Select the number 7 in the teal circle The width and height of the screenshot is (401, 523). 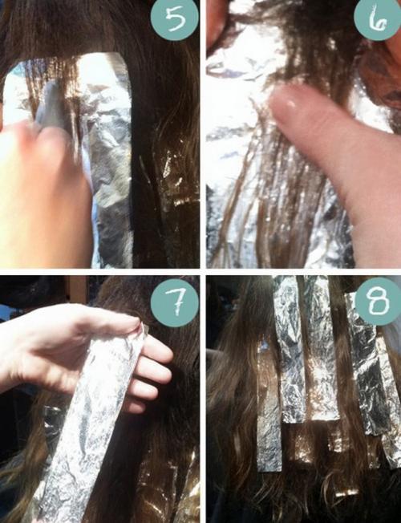[x=175, y=304]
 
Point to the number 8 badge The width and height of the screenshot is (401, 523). [x=377, y=303]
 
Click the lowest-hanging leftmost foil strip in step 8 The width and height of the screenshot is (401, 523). [x=269, y=410]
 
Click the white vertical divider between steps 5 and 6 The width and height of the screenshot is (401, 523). [x=203, y=134]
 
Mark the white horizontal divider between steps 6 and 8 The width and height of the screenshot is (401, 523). [x=304, y=272]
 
